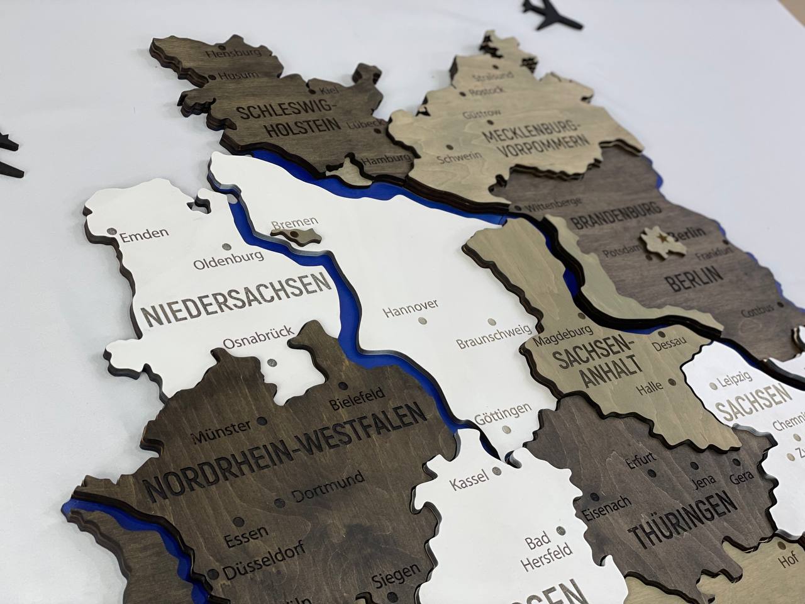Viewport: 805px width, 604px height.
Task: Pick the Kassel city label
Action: click(469, 481)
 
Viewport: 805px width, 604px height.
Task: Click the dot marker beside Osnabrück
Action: click(272, 363)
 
